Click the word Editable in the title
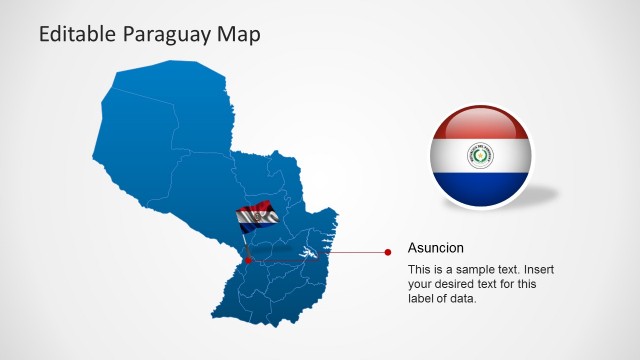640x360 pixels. tap(78, 35)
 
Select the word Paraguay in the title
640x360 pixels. tap(168, 36)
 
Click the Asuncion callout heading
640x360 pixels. tap(436, 247)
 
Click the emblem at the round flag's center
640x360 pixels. tap(482, 156)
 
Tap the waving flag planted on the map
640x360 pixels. tap(256, 216)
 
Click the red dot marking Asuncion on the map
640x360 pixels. tap(249, 260)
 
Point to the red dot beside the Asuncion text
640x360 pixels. tap(388, 253)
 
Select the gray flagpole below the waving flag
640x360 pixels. tap(246, 243)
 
